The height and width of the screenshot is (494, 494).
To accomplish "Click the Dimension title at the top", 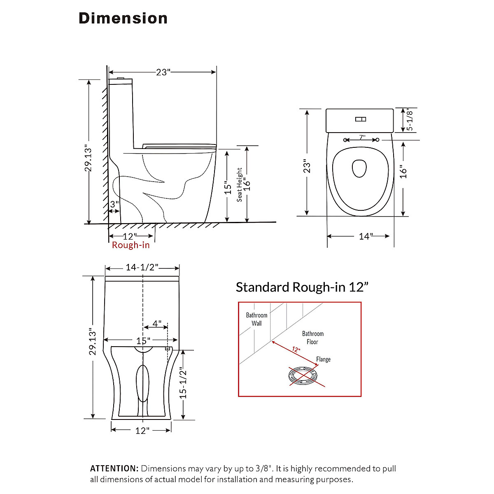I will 123,19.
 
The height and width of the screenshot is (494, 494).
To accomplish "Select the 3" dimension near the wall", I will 114,204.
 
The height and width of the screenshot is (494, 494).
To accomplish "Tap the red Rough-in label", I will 130,245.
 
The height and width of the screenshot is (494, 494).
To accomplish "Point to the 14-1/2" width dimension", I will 142,268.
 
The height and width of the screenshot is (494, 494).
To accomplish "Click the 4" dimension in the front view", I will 157,324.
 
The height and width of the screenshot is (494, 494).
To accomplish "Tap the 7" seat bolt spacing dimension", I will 361,137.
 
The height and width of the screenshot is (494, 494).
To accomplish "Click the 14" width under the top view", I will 365,236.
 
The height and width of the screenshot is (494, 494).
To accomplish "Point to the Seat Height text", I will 240,185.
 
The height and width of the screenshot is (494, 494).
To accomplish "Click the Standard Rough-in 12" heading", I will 302,287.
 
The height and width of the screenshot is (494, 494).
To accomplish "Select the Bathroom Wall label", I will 256,319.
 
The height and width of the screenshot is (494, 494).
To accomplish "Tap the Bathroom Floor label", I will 312,338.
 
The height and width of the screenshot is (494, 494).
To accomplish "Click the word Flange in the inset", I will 323,359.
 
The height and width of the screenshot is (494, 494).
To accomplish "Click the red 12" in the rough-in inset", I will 296,350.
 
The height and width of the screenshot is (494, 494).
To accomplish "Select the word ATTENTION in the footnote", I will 114,468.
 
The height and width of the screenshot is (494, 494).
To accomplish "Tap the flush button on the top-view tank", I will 361,119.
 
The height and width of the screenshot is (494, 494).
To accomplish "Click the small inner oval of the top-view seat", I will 359,168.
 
